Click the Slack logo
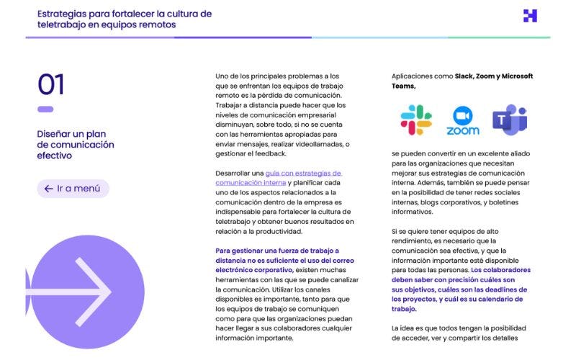click(415, 120)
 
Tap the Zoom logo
click(463, 120)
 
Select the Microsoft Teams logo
click(510, 120)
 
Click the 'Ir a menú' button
click(73, 189)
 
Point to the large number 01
click(51, 85)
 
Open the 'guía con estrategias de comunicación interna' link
click(279, 178)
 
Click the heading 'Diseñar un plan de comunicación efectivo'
click(76, 144)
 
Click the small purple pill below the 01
click(45, 109)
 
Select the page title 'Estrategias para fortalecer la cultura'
click(125, 14)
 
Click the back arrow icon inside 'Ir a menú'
click(48, 189)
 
